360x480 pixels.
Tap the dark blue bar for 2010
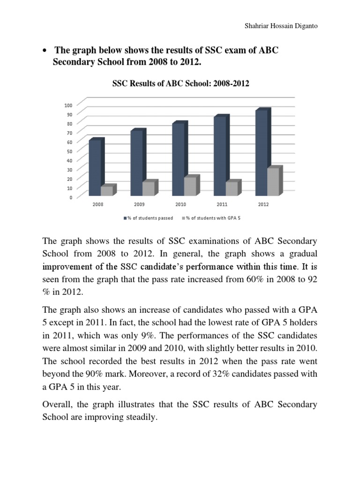[178, 159]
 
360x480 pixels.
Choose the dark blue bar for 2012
[261, 153]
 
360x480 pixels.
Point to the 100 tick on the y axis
[68, 105]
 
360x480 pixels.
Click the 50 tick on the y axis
[70, 151]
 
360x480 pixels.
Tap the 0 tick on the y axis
[71, 197]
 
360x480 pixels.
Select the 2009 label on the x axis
[139, 204]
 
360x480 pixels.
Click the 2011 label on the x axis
[222, 204]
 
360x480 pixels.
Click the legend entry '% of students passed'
[148, 218]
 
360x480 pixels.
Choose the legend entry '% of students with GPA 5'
[211, 218]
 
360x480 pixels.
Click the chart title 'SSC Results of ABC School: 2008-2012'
[180, 84]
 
